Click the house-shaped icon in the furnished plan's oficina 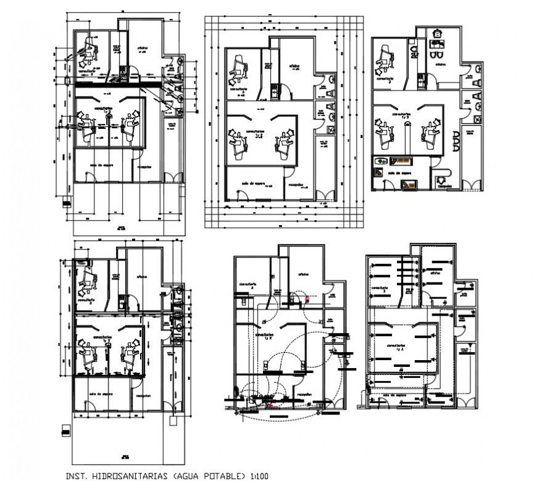(x=438, y=35)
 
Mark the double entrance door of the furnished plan (x=473, y=184)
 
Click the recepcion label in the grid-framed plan (x=296, y=184)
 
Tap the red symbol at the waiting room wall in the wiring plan (x=270, y=407)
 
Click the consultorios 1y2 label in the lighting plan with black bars (x=396, y=347)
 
